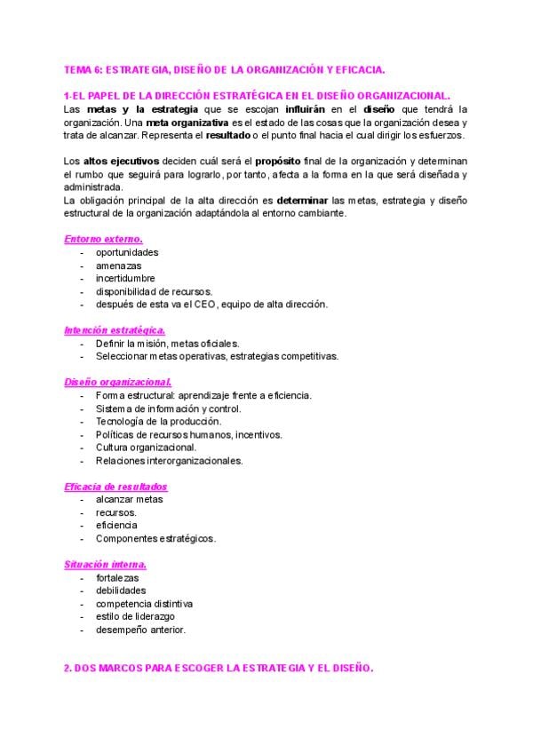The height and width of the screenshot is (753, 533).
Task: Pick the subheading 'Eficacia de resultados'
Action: point(115,487)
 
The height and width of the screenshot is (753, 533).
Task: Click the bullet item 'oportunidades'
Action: point(127,252)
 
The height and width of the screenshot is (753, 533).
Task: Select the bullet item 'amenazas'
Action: point(117,266)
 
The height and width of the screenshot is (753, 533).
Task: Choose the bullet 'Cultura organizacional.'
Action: point(146,448)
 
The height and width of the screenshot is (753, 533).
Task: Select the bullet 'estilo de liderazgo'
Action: point(136,616)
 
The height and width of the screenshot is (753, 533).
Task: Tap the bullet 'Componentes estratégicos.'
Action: point(155,538)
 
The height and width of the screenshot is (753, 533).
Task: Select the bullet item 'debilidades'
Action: point(121,591)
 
